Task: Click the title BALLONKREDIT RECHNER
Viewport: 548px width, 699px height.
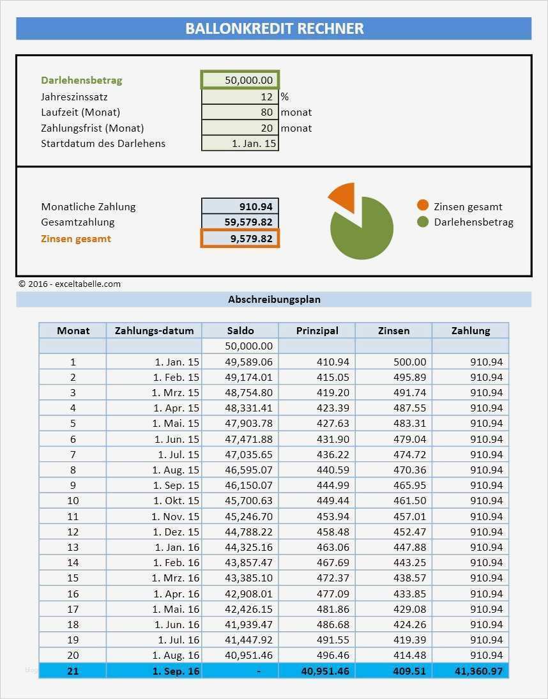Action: click(x=274, y=29)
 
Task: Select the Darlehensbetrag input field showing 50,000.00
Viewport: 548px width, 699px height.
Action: click(x=240, y=80)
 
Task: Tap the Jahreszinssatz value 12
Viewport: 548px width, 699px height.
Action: click(x=240, y=97)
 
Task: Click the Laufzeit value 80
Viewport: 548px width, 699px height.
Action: click(x=240, y=112)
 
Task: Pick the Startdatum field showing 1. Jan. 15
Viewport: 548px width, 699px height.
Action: click(x=240, y=143)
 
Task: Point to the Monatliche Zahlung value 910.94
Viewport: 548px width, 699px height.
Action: click(x=240, y=206)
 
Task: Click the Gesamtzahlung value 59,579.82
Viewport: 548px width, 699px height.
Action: click(x=240, y=222)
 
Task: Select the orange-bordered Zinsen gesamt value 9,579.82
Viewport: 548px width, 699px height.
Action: click(x=240, y=238)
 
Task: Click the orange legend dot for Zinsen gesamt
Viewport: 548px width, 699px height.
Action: click(x=423, y=206)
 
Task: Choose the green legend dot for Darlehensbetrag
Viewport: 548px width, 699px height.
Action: click(x=423, y=222)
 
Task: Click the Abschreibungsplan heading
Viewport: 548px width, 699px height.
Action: click(x=274, y=299)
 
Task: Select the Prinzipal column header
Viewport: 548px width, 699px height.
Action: click(x=317, y=330)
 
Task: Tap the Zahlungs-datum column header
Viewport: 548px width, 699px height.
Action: click(x=154, y=330)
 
